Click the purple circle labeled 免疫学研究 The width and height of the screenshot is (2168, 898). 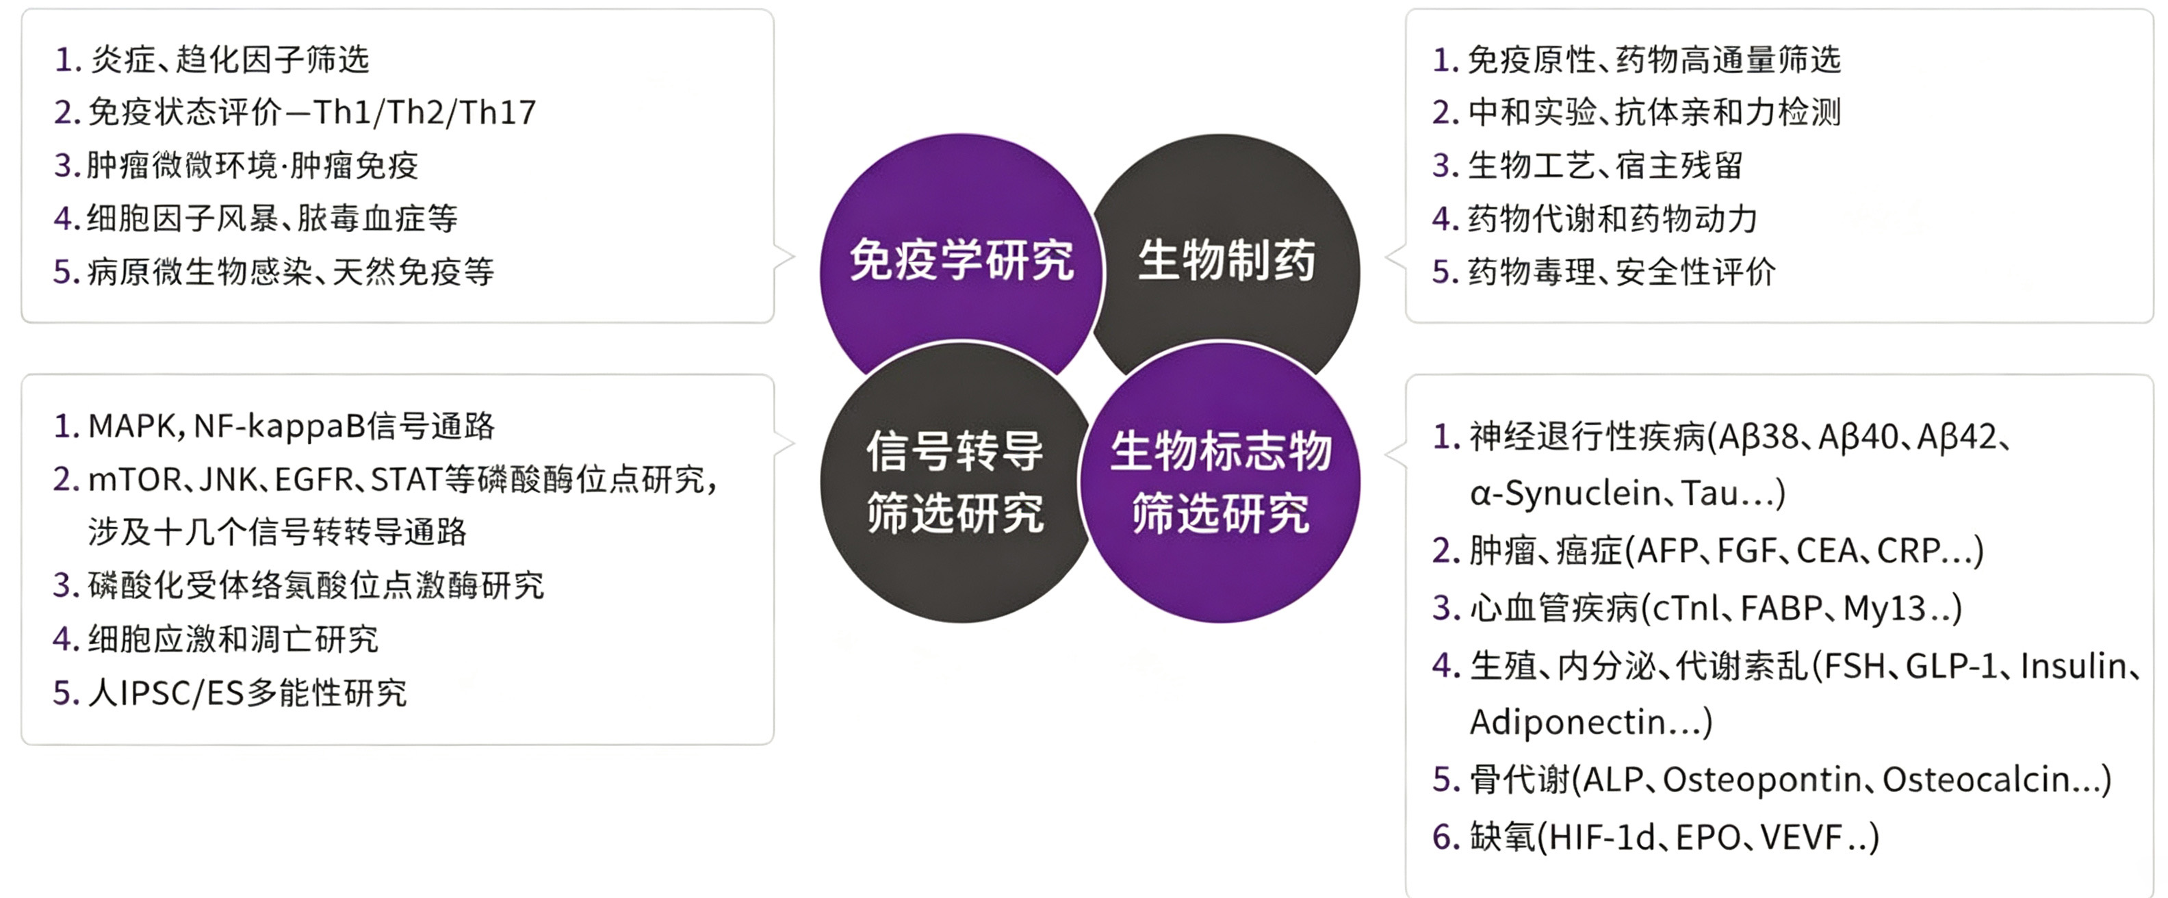pyautogui.click(x=961, y=261)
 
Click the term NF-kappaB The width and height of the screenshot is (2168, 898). pyautogui.click(x=281, y=426)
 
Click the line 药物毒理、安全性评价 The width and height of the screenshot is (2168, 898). pyautogui.click(x=1621, y=272)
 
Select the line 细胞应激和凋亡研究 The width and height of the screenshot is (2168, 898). pyautogui.click(x=233, y=641)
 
